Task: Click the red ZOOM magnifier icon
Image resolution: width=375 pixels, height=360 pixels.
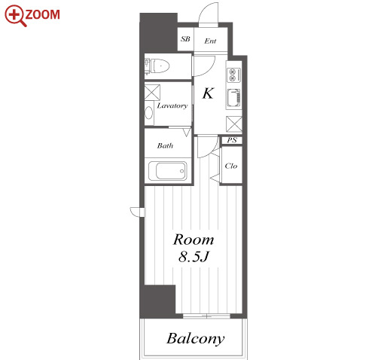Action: click(15, 16)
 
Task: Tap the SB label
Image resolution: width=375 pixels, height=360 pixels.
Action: click(185, 39)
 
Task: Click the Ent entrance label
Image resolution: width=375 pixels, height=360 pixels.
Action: click(210, 41)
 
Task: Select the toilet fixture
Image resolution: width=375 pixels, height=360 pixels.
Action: click(157, 66)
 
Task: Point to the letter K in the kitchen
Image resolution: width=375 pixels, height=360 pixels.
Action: click(208, 93)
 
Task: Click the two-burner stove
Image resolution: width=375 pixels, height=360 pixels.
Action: click(234, 75)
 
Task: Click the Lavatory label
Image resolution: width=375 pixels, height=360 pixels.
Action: click(172, 106)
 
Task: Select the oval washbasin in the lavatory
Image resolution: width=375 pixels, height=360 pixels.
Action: click(149, 113)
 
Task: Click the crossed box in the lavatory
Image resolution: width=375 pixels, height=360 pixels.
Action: click(152, 93)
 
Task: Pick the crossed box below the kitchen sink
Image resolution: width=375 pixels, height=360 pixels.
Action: click(234, 124)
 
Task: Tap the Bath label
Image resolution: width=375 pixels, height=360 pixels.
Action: click(165, 145)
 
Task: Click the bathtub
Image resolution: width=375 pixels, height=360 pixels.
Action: click(168, 171)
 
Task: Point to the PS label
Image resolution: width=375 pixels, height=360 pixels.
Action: click(232, 140)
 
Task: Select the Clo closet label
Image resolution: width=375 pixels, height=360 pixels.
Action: click(231, 166)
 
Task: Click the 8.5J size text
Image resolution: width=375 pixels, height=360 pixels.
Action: click(194, 257)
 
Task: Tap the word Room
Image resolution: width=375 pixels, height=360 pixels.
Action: click(194, 239)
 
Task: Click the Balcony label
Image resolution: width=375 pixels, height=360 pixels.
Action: click(196, 339)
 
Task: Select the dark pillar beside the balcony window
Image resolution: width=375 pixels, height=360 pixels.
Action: click(157, 301)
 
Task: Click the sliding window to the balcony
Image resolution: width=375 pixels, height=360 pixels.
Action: click(206, 316)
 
